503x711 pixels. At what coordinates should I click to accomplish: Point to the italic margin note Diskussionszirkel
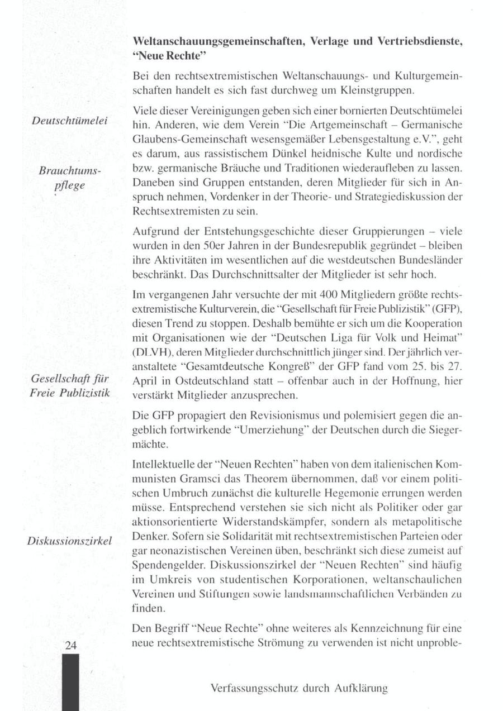click(x=69, y=541)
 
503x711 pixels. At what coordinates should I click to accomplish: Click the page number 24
click(x=70, y=645)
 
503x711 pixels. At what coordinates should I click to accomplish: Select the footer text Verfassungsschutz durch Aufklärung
click(x=299, y=688)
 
